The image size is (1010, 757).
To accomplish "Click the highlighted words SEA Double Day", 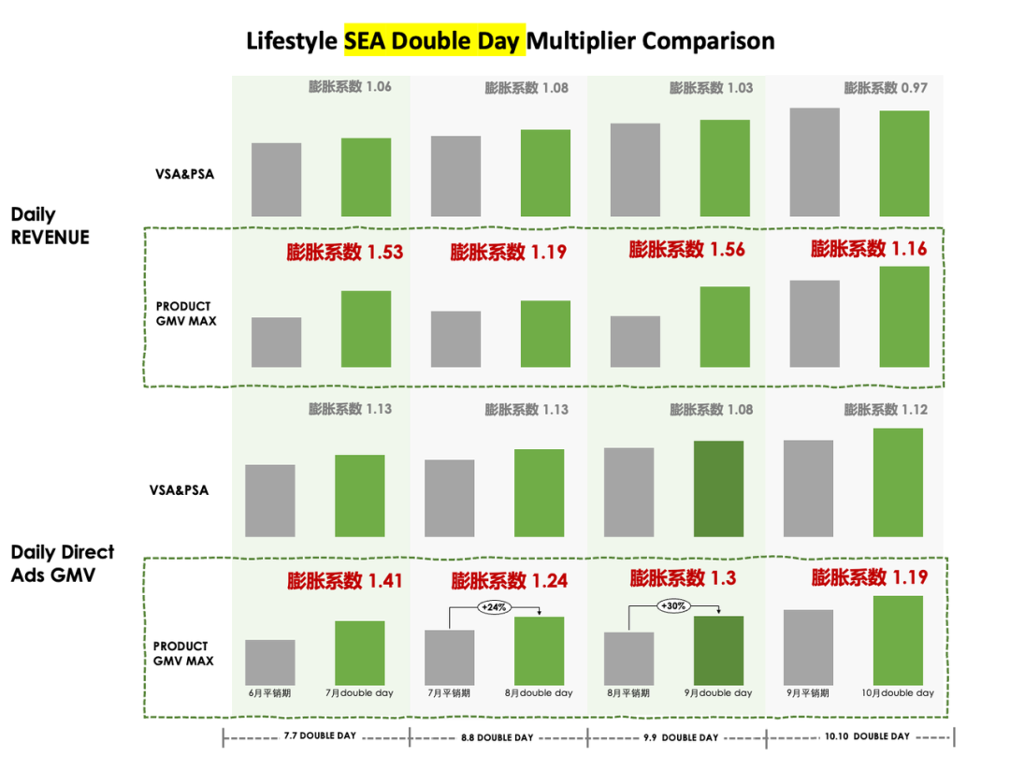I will pos(434,41).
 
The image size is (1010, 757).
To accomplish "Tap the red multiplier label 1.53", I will pos(344,251).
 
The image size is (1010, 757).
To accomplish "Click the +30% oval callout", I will pos(673,605).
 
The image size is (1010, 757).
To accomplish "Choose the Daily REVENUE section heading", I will pos(50,226).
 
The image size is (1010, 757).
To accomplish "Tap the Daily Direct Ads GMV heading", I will pos(63,564).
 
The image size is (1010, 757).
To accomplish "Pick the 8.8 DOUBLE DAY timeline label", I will pos(498,737).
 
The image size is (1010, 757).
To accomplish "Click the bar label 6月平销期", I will pos(269,693).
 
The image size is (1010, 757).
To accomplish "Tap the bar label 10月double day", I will pos(898,693).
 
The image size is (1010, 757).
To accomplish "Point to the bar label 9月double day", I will pos(718,693).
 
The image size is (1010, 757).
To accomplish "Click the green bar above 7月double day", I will pos(360,652).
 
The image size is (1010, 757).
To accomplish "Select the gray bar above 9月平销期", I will pos(808,648).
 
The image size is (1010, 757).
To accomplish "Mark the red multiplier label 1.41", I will pos(344,581).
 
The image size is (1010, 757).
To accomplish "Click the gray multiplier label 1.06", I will pos(350,87).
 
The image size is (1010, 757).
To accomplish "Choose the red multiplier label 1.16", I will pos(869,249).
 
